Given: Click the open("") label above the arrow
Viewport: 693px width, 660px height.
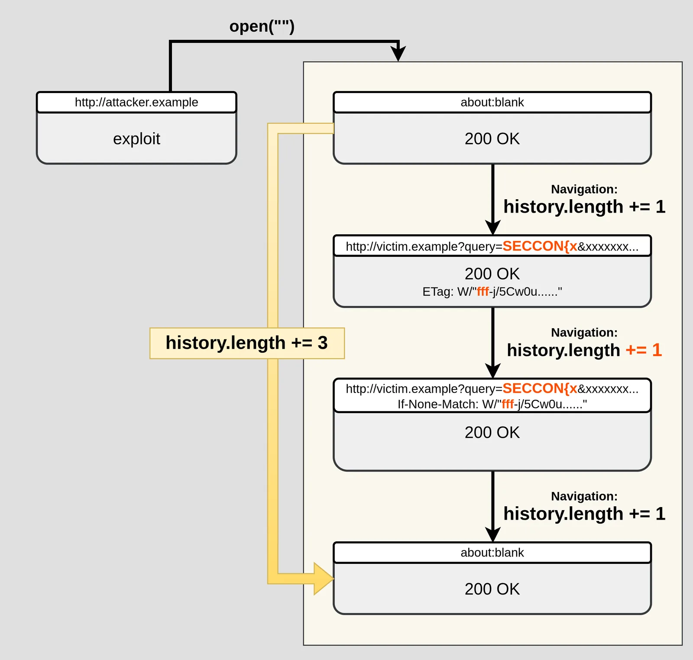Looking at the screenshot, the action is click(x=262, y=26).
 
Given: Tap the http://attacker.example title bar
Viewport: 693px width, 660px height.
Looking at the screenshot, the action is click(x=136, y=102).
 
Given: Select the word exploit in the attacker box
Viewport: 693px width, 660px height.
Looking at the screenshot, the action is click(x=136, y=139).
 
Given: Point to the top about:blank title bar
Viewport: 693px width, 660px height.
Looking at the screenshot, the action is click(x=492, y=102).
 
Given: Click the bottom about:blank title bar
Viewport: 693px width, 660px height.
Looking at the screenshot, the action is click(x=492, y=553).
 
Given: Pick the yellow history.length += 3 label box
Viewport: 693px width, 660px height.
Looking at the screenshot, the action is click(x=247, y=343).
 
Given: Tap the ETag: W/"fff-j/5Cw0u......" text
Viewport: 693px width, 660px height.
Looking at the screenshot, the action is click(x=492, y=291).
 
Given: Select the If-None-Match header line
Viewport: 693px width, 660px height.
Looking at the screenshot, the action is click(x=492, y=404).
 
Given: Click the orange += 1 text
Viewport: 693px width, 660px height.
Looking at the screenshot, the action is click(x=644, y=350).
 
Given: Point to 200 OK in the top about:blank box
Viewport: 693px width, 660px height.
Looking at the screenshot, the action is click(x=492, y=139).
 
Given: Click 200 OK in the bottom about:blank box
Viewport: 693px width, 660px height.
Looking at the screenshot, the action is click(x=492, y=589).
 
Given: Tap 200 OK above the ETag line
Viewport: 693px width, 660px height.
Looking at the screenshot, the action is click(x=492, y=274).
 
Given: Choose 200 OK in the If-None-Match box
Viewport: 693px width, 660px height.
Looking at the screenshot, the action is click(x=492, y=432).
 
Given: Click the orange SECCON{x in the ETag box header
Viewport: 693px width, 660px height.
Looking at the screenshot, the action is click(x=540, y=246).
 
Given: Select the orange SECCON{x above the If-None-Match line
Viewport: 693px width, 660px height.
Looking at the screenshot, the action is click(x=540, y=388).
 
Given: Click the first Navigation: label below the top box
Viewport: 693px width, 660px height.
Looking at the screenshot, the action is click(x=584, y=189).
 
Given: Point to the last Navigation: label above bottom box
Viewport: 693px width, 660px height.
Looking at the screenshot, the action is click(x=584, y=496).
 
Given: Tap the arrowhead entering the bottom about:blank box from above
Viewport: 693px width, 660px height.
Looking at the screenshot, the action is click(x=492, y=534).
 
